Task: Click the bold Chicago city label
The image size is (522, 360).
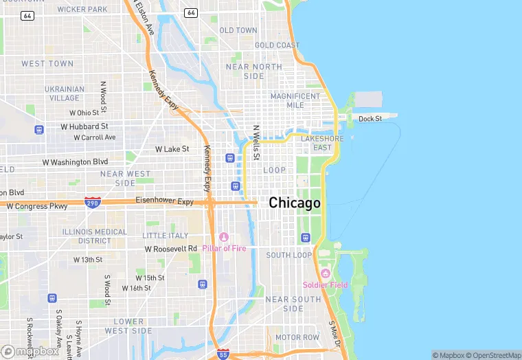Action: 294,203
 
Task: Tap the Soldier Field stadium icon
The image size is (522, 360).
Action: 326,273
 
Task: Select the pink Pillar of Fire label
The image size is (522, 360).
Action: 224,248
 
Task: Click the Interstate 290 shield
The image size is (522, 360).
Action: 91,203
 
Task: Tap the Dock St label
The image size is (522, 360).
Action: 370,119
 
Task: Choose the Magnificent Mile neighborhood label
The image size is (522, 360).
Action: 295,100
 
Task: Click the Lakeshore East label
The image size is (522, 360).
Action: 321,143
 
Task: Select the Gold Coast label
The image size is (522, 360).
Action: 277,45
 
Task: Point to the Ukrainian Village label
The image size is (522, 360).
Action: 65,93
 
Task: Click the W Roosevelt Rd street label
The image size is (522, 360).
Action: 170,248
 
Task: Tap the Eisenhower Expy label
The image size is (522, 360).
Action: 164,201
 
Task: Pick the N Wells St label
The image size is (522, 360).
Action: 256,142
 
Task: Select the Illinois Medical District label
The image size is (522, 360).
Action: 95,236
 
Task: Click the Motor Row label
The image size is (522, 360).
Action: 297,337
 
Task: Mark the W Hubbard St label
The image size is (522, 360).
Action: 84,126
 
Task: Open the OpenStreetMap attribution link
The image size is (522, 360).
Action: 492,355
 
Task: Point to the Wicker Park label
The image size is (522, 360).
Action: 82,10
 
